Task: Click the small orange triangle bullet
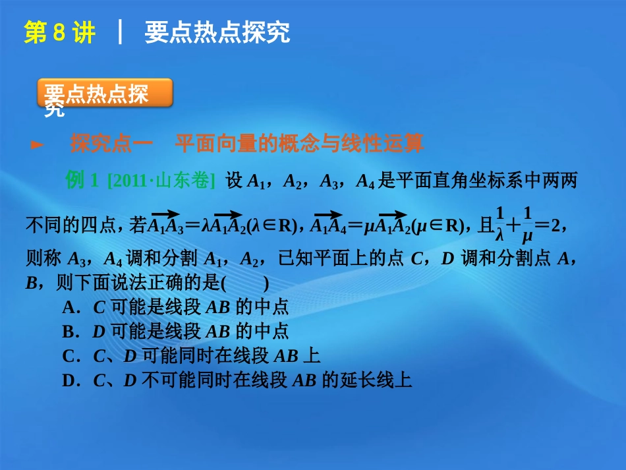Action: click(38, 144)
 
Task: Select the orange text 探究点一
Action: click(111, 144)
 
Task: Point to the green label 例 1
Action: click(82, 181)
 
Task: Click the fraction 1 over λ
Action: click(499, 224)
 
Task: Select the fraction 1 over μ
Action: click(526, 224)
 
